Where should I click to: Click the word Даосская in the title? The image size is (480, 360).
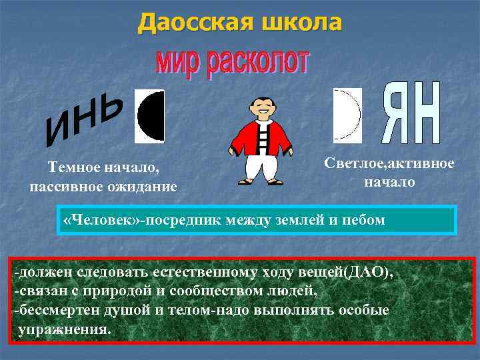tap(189, 23)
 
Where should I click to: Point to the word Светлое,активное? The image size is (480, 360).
tap(390, 163)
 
